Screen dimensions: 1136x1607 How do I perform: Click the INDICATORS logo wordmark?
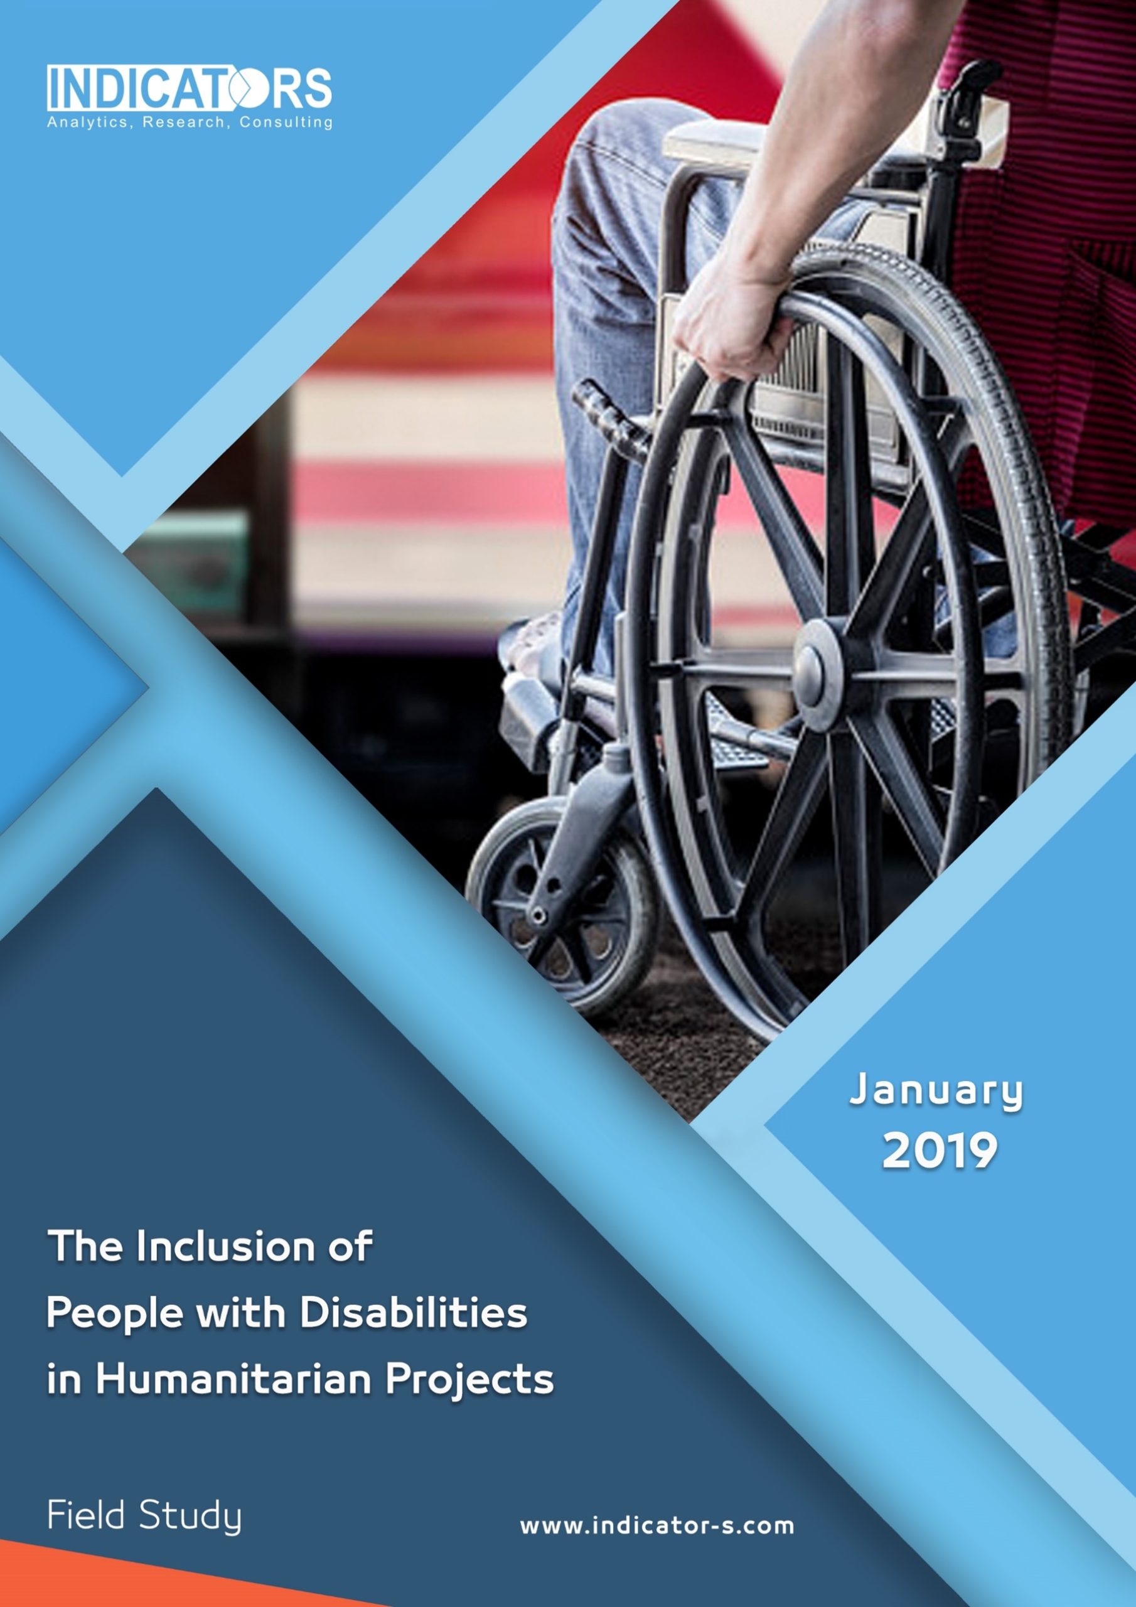point(190,88)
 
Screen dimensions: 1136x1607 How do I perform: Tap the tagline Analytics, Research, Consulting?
point(190,123)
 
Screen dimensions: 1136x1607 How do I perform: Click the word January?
point(936,1091)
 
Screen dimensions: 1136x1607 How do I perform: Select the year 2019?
point(940,1151)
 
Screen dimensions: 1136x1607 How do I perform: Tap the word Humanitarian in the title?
point(232,1380)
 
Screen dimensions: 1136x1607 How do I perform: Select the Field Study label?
point(144,1516)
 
